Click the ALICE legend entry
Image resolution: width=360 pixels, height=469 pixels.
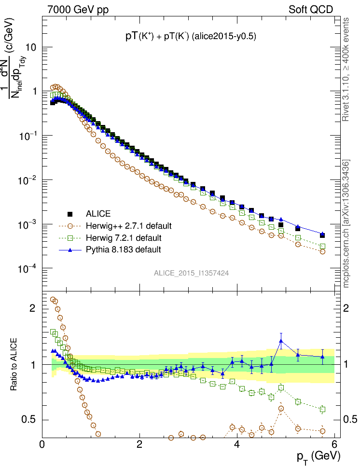click(x=98, y=214)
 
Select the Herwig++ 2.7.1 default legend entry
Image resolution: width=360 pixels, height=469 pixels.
click(x=129, y=226)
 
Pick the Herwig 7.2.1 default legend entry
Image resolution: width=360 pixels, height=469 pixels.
click(x=124, y=238)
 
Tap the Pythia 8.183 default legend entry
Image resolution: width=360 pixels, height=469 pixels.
click(x=123, y=249)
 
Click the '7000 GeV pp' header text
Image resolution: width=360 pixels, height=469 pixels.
click(x=78, y=9)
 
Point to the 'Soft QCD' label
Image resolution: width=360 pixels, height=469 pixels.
click(x=311, y=9)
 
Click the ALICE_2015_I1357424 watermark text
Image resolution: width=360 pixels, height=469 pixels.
click(x=191, y=273)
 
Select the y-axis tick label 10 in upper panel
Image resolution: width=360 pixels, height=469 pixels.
click(x=29, y=48)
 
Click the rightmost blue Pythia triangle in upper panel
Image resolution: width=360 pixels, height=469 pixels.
click(x=322, y=234)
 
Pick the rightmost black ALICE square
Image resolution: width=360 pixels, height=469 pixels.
click(x=322, y=235)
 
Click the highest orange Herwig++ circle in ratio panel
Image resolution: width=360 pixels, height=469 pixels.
click(x=53, y=300)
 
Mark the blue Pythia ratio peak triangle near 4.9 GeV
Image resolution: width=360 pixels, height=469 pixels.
click(x=281, y=341)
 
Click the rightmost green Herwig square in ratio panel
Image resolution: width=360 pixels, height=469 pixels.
click(x=322, y=409)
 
